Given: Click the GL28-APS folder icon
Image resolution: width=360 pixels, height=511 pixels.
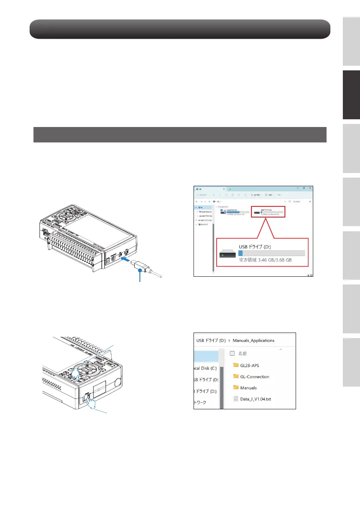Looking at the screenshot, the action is [236, 366].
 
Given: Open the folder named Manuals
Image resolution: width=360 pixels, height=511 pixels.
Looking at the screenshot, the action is [248, 388].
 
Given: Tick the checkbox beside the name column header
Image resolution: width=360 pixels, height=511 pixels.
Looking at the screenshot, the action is [232, 354].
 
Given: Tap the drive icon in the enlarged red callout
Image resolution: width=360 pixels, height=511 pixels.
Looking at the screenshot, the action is [227, 255].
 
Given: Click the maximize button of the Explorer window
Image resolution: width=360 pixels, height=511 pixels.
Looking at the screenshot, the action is [303, 188].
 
